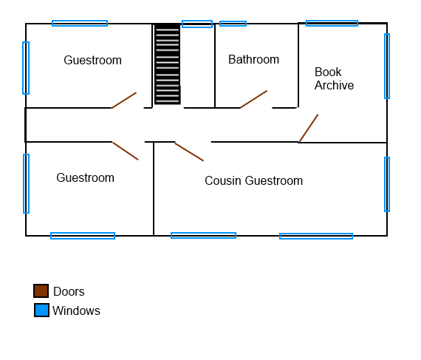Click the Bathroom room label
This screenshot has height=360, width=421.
pos(253,59)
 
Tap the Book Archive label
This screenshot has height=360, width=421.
pos(334,78)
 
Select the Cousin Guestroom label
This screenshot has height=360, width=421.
pos(254,180)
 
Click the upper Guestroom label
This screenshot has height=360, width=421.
pos(92,60)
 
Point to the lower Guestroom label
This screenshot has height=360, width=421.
pos(86,177)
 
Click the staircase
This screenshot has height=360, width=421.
pos(168,64)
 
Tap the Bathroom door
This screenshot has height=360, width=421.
pos(254,99)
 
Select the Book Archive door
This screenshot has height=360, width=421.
pos(309,128)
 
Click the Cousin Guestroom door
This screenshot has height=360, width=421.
pos(189,152)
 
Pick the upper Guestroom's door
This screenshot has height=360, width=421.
pos(124,101)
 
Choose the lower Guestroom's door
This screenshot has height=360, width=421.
pos(126,151)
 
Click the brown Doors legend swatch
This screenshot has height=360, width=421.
pos(41,291)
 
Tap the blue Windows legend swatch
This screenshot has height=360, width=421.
pos(41,310)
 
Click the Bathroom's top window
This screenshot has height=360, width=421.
pos(233,24)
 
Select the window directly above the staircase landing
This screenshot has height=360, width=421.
pos(197,24)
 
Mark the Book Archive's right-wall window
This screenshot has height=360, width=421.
pos(387,66)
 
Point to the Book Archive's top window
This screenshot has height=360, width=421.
pos(332,24)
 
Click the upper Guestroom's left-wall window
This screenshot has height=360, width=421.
pos(26,68)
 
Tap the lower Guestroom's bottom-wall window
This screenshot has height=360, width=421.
pos(83,236)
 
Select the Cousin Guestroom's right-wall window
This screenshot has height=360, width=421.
pos(387,184)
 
